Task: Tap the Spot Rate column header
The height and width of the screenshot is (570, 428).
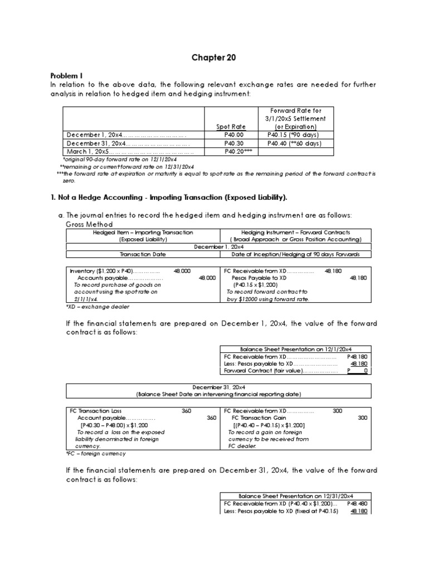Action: click(235, 127)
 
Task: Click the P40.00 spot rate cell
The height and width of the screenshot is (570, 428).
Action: click(235, 135)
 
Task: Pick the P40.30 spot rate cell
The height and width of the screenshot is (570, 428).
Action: click(235, 143)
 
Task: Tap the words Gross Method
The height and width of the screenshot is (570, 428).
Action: click(89, 224)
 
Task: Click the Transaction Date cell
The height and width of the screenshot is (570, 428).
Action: click(144, 254)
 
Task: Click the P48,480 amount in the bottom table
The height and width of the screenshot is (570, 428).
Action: click(357, 503)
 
